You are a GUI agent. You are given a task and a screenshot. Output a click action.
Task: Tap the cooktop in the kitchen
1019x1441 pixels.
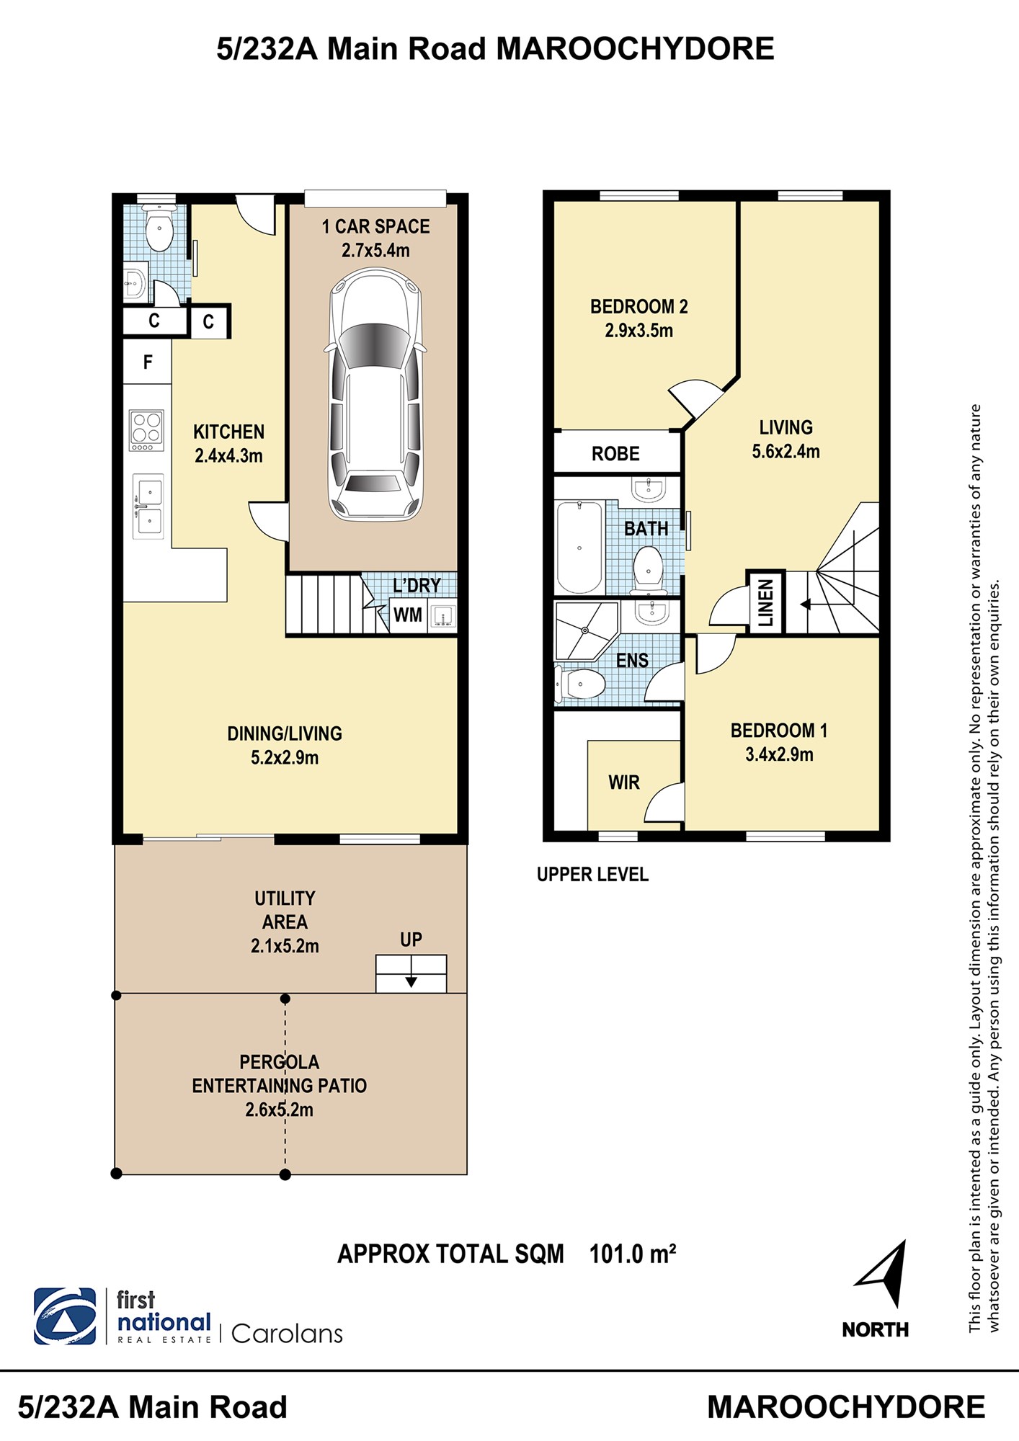coord(146,430)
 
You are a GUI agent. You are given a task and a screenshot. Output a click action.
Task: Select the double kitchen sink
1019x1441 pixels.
coord(148,507)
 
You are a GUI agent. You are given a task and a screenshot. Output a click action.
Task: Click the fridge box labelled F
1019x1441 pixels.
coord(148,362)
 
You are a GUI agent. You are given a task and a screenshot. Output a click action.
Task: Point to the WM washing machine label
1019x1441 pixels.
coord(408,615)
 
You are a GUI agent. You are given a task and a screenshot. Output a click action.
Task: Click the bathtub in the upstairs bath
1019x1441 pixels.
coord(579,548)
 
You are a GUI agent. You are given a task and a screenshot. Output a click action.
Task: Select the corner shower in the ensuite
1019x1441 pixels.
coord(586,632)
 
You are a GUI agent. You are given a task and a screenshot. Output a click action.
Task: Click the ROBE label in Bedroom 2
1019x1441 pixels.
coord(615,454)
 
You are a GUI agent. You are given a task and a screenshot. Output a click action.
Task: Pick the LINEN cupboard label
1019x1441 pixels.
coord(765,602)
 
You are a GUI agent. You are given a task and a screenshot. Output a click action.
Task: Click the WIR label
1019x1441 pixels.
coord(624,782)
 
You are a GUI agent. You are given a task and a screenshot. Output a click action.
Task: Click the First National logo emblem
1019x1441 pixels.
coord(65,1316)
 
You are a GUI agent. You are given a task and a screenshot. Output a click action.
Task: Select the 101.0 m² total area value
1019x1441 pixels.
coord(633,1254)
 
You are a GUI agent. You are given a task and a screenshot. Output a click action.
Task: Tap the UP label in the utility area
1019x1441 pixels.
coord(411,940)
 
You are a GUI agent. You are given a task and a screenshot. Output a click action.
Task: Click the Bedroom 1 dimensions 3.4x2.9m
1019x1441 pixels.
coord(779,755)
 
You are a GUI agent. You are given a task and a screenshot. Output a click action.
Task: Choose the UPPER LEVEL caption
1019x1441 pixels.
coord(592,875)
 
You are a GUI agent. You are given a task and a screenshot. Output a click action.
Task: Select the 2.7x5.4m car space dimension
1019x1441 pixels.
coord(375,251)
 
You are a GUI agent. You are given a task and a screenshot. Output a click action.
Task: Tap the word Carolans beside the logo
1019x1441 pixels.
coord(287,1334)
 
